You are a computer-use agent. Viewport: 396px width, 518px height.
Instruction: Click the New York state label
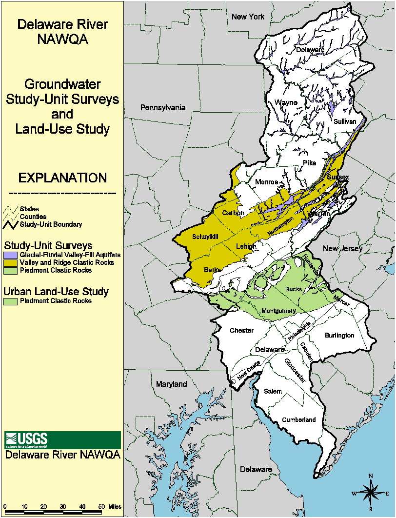248,17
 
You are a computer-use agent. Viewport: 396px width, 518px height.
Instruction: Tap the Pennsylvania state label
162,107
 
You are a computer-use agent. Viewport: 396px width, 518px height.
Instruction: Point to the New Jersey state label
343,249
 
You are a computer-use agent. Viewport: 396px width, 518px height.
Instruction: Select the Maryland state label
171,384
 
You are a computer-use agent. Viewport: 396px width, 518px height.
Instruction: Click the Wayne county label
286,102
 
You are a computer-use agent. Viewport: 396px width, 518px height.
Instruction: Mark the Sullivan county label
345,121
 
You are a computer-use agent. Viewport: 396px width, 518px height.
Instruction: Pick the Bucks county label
294,289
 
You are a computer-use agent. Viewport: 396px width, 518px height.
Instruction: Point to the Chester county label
241,330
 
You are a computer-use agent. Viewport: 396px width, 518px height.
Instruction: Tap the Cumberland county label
299,419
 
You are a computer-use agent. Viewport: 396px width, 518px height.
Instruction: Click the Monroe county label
267,182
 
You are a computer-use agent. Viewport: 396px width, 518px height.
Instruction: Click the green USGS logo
62,440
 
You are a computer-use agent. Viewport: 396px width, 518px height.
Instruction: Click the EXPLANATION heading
62,178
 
